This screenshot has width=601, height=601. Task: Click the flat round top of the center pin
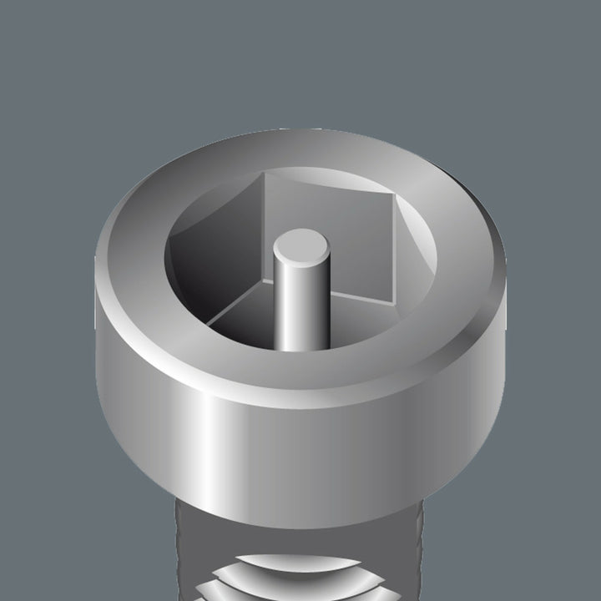(x=298, y=247)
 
